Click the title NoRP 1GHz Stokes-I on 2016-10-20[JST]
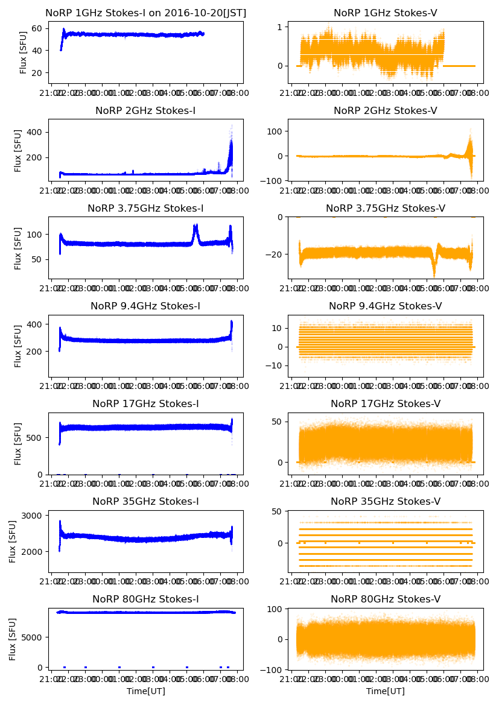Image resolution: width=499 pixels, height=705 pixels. (x=146, y=13)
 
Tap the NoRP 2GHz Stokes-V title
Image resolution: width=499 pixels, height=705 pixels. (x=385, y=110)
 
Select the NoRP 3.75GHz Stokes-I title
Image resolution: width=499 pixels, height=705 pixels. (x=145, y=209)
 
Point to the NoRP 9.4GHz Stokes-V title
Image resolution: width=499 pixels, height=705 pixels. (x=385, y=306)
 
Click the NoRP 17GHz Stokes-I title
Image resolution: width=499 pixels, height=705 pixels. (x=145, y=404)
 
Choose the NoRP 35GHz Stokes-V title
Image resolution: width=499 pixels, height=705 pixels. (x=385, y=502)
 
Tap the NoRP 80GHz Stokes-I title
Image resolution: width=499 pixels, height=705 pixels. (x=145, y=599)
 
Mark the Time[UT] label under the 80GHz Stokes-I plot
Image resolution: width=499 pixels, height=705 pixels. (x=145, y=691)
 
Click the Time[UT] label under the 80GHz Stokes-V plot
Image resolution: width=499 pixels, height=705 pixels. (x=385, y=691)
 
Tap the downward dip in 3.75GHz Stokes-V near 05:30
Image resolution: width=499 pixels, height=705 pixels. (x=434, y=270)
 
